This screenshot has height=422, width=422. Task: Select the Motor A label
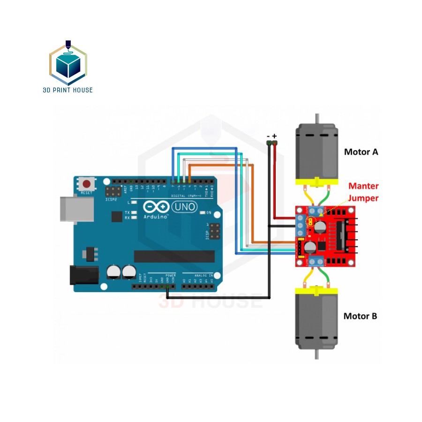(x=361, y=152)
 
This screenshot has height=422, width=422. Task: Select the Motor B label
(x=360, y=316)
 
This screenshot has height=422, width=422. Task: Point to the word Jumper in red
(x=363, y=198)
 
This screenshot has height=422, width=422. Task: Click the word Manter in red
(x=363, y=186)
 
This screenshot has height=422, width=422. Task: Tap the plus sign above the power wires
(x=275, y=136)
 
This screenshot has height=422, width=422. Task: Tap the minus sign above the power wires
(x=268, y=136)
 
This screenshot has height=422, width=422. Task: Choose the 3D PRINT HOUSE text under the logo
(x=68, y=90)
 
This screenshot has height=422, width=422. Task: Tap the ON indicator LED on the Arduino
(x=203, y=213)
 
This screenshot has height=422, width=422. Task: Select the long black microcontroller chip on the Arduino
(x=174, y=256)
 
